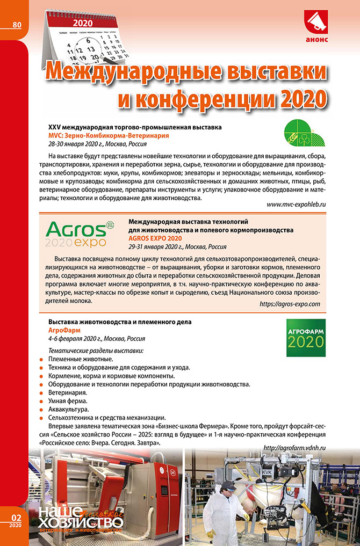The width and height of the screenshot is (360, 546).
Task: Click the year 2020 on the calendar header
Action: pos(82,24)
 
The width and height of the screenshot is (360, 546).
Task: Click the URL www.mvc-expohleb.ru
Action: pos(297,205)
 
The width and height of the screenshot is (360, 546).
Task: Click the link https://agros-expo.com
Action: pos(290,304)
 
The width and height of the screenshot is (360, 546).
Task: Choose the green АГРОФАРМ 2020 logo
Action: pos(304,338)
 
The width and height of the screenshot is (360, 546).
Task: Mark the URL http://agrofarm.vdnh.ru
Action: pos(295,448)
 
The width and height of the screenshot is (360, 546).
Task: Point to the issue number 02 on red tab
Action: pos(16,517)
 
